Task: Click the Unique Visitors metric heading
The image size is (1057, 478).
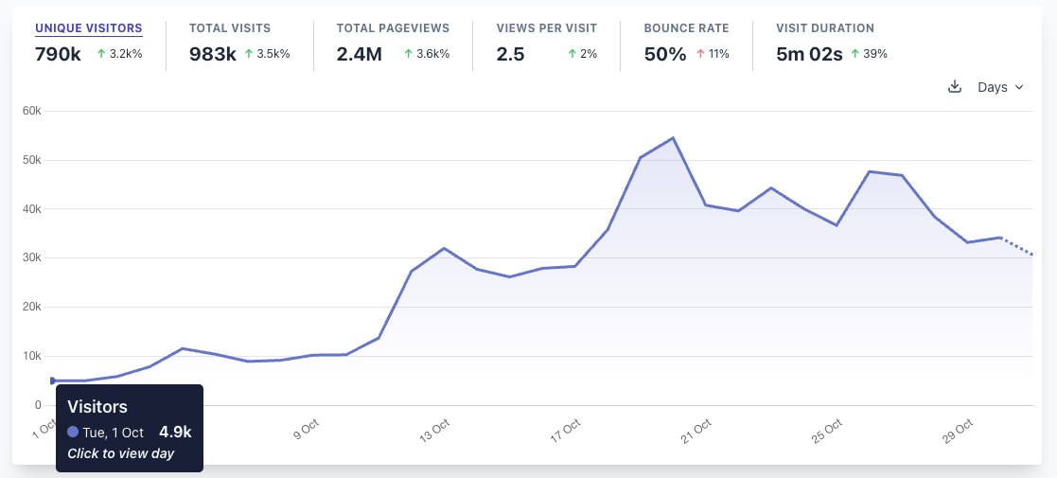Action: click(89, 28)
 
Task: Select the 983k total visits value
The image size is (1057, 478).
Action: click(213, 54)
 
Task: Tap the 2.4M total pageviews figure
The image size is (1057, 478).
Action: click(360, 54)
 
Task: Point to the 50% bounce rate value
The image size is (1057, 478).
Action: click(664, 54)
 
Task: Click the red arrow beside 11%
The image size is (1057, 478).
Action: click(700, 54)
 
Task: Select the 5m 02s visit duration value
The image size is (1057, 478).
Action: click(809, 54)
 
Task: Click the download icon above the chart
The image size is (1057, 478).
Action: click(955, 87)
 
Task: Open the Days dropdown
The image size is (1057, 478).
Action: click(1000, 87)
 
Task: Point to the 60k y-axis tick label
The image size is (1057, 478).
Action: click(32, 111)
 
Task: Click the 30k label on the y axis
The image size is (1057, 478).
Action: click(32, 257)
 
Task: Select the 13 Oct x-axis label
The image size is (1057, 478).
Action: click(435, 431)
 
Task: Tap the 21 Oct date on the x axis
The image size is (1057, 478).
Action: click(698, 431)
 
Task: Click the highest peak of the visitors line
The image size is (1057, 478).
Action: click(672, 138)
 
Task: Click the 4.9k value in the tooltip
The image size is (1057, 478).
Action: click(175, 433)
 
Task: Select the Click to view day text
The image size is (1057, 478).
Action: click(120, 453)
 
